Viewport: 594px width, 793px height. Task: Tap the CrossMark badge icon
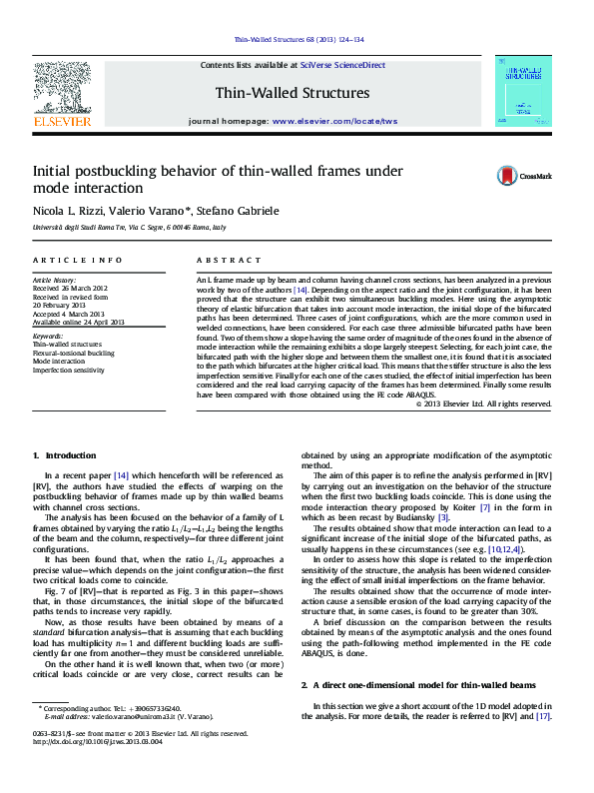[x=509, y=176]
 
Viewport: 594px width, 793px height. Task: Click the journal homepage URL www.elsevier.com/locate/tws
[x=334, y=121]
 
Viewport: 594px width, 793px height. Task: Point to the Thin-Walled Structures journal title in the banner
[x=293, y=93]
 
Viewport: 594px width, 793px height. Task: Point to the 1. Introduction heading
[x=65, y=455]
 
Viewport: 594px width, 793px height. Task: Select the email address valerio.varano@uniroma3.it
[x=130, y=717]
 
